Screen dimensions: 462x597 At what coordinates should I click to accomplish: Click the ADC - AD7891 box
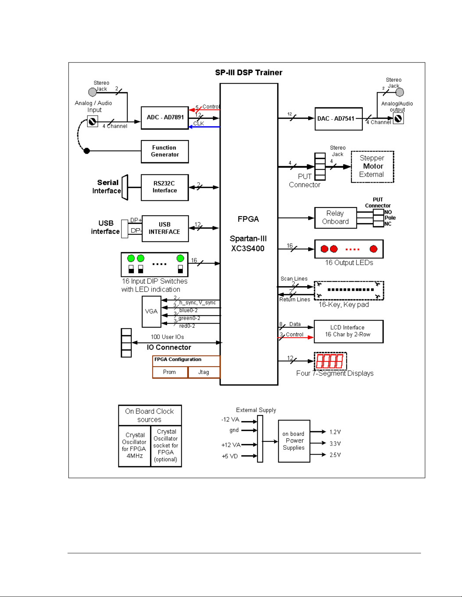tap(165, 118)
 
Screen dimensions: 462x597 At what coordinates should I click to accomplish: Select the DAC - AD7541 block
tap(339, 119)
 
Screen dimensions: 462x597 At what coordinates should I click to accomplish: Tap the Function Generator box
tap(165, 152)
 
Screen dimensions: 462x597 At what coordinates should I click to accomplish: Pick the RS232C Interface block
tap(165, 187)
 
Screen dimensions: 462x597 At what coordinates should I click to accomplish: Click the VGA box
tap(152, 311)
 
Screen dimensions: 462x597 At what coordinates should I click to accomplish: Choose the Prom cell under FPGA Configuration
tap(170, 372)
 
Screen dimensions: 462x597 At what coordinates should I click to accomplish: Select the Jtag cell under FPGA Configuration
tap(204, 372)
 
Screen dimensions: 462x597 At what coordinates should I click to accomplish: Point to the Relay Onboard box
tap(336, 218)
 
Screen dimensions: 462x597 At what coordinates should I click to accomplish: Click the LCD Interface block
tap(348, 331)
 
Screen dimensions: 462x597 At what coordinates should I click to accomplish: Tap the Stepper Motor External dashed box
tap(372, 166)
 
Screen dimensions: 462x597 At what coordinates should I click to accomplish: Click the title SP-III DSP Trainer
tap(249, 73)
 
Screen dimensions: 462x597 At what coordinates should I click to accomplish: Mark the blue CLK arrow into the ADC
tap(204, 127)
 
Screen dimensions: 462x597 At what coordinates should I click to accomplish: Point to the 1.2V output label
tap(335, 432)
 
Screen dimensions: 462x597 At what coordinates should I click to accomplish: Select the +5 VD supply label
tap(230, 456)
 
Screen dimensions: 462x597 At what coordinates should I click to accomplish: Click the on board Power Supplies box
tap(294, 441)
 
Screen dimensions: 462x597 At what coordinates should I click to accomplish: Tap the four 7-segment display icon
tap(330, 361)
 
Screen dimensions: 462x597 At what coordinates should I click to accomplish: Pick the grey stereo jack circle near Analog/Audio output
tap(399, 92)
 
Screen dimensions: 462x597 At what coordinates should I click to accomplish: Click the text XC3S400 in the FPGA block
tap(247, 248)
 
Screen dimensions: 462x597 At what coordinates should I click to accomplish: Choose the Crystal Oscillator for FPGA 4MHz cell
tap(135, 446)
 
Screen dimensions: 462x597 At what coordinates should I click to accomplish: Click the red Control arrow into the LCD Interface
tap(296, 337)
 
